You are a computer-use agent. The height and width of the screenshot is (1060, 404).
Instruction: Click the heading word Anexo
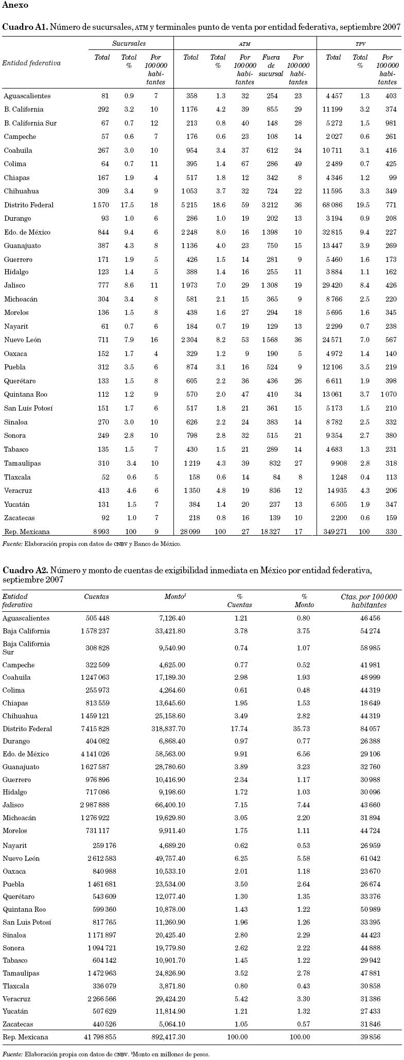[15, 6]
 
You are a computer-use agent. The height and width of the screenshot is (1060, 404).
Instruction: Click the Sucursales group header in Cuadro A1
[129, 44]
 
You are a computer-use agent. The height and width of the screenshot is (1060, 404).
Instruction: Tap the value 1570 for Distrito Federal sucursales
[100, 205]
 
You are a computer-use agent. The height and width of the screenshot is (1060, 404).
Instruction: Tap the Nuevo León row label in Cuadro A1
[23, 340]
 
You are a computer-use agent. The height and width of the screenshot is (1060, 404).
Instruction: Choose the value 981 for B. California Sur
[390, 123]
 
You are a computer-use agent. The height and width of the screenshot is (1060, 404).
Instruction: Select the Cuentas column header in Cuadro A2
[97, 597]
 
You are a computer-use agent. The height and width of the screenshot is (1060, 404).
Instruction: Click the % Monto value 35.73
[301, 729]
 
